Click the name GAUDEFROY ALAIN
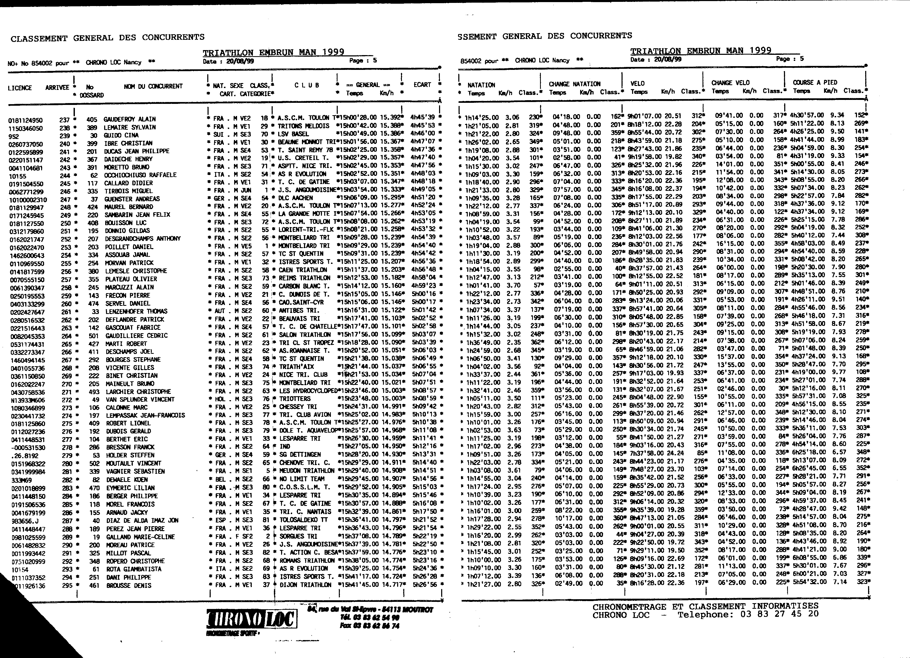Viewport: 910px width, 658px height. coord(129,119)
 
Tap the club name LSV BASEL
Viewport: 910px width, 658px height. coord(294,134)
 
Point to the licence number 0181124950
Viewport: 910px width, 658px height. coord(25,120)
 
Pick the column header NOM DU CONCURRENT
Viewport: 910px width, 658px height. coord(153,86)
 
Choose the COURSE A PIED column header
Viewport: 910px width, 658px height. coord(814,82)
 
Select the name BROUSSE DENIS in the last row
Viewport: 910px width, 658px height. coord(128,586)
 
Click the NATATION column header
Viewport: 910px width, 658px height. coord(481,85)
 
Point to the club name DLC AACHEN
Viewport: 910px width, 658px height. coord(296,198)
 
